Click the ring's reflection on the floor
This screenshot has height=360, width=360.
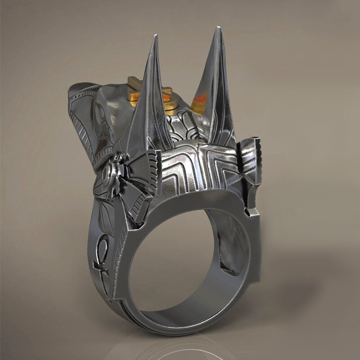pyautogui.click(x=180, y=346)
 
